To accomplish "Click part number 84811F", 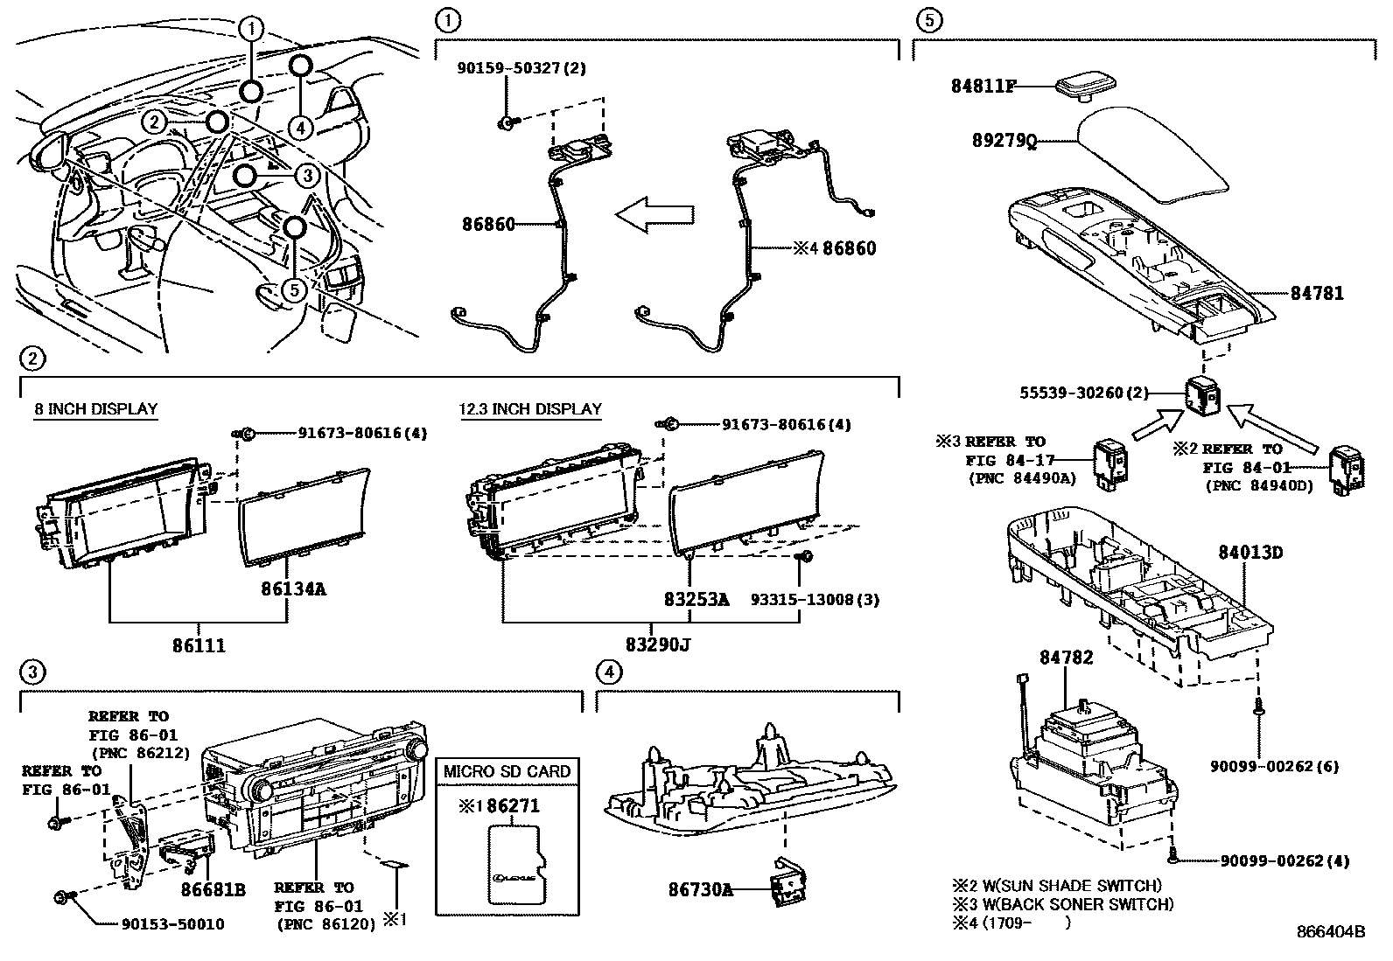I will point(983,86).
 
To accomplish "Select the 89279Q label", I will point(1004,141).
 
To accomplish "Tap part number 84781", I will point(1316,294).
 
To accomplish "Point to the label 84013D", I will point(1251,553).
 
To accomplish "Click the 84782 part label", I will point(1066,658).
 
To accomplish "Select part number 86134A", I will point(293,588).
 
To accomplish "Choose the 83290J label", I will point(658,645).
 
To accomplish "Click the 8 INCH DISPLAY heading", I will point(96,408).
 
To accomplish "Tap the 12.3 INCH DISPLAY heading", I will point(531,408).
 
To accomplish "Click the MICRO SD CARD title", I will point(507,771).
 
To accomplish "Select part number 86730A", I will point(700,890).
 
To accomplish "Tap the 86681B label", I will point(213,890).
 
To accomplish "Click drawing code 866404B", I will point(1331,931).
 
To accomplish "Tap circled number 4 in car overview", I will point(300,128).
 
